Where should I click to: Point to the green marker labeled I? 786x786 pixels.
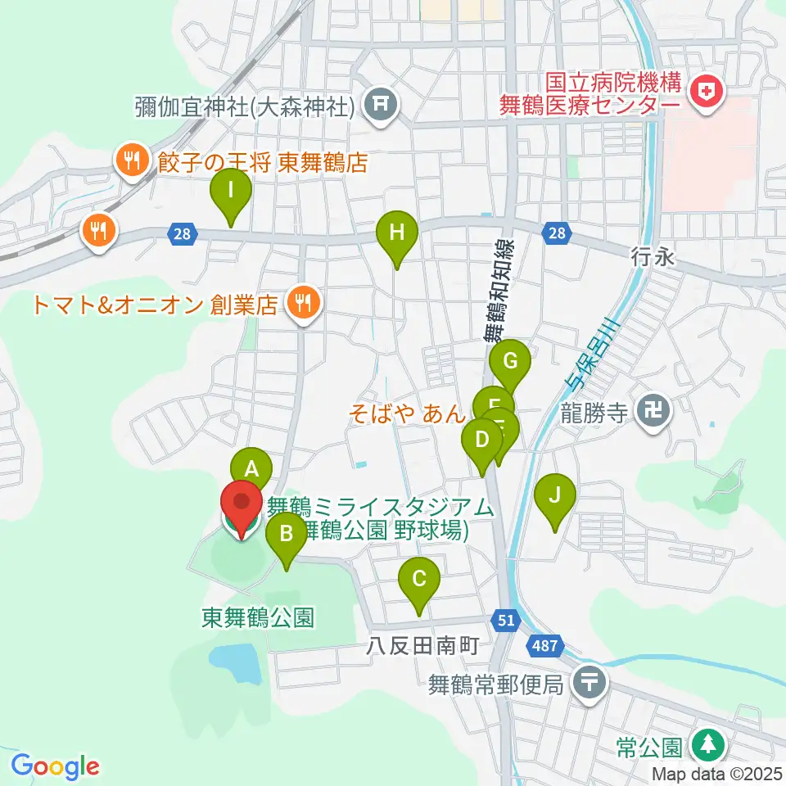(x=231, y=192)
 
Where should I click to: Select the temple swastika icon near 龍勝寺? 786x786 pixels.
(x=653, y=409)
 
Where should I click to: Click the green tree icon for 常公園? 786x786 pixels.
(x=706, y=746)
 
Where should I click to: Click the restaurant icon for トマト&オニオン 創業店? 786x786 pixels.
(x=304, y=305)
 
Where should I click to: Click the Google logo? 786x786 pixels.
(x=56, y=766)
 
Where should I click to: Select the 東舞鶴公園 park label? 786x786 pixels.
(x=258, y=617)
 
